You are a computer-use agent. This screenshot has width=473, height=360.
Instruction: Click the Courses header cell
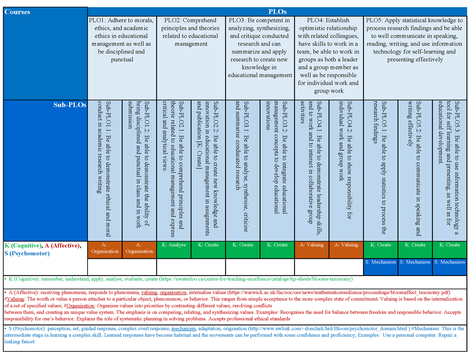pos(17,12)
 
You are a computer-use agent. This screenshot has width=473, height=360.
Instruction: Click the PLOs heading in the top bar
pos(277,12)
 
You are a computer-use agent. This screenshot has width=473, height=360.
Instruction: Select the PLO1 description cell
pos(122,40)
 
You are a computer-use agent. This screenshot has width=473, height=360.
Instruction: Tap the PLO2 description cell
pos(191,32)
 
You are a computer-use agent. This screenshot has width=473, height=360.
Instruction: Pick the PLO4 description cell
pos(329,55)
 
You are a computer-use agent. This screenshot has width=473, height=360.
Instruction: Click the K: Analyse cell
pos(174,245)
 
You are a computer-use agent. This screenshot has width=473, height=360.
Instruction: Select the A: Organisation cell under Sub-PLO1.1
pos(105,248)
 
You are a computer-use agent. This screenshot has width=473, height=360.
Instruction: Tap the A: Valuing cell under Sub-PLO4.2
pos(346,245)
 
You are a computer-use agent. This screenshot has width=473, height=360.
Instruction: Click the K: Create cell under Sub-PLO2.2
pos(208,245)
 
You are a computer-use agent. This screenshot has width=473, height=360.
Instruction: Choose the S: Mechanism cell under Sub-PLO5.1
pos(381,262)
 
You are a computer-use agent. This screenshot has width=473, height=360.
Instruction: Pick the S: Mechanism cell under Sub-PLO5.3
pos(450,262)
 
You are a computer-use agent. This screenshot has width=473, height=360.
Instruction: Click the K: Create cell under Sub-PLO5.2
pos(415,245)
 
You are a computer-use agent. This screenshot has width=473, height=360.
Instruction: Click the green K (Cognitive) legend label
pos(23,246)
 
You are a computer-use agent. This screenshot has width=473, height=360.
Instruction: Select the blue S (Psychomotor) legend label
pos(27,253)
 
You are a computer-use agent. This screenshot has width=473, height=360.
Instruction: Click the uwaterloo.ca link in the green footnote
pos(256,279)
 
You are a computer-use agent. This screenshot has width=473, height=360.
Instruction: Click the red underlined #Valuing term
pos(14,299)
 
